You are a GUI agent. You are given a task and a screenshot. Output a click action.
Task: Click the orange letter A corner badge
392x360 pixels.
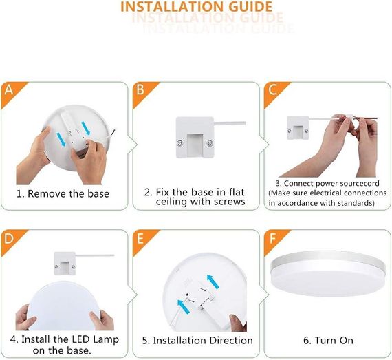point(9,90)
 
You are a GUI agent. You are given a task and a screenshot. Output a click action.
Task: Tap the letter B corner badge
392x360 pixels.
point(140,90)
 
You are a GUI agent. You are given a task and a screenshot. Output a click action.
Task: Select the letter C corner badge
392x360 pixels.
point(272,90)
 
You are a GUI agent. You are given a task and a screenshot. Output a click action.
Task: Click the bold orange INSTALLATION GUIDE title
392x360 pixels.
point(196,8)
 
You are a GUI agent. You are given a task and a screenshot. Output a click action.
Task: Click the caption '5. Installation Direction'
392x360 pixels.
point(197,341)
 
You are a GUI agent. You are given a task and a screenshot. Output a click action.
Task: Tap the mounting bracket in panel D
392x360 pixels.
point(65,261)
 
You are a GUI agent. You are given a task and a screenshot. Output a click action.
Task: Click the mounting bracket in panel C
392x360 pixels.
point(296,127)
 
